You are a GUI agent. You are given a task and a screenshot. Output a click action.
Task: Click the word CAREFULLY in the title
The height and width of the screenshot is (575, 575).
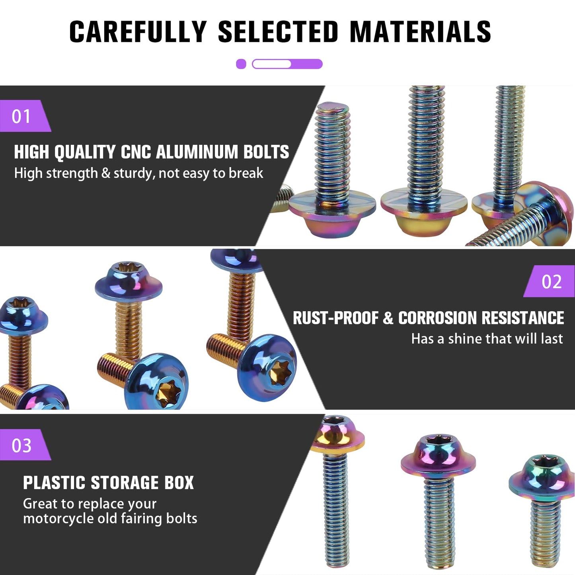[138, 31]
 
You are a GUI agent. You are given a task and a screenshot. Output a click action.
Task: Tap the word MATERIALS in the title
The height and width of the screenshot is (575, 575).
[421, 31]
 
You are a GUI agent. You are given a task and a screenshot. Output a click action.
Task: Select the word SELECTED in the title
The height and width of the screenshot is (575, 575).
[278, 31]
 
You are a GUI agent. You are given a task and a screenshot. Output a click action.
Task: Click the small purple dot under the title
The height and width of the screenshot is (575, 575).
[241, 64]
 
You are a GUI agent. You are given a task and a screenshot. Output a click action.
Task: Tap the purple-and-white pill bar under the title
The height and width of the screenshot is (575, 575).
[287, 64]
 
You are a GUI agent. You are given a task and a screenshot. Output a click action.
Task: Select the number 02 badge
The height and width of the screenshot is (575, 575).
[549, 281]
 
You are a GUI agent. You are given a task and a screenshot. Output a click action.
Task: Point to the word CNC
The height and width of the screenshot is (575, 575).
[136, 152]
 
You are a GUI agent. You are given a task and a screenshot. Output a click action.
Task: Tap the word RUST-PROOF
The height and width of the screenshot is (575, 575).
[336, 318]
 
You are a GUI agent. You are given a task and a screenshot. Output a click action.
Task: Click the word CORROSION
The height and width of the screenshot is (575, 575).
[437, 318]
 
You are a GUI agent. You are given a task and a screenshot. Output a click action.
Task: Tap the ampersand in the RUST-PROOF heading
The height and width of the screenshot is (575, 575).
[388, 318]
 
